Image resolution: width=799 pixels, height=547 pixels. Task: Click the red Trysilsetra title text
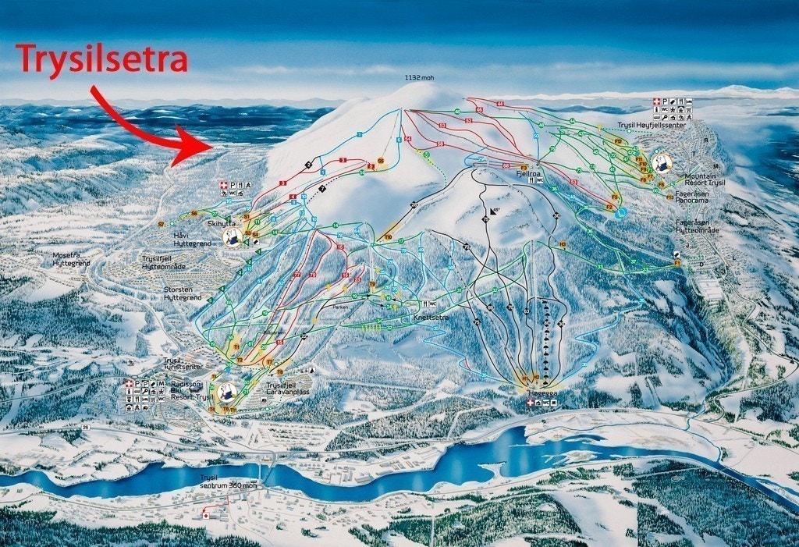click(x=101, y=59)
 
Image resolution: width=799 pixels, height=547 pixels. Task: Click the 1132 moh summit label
click(x=419, y=78)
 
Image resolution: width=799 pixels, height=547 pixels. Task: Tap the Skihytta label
click(x=216, y=223)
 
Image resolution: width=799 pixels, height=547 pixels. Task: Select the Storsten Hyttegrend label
click(x=183, y=294)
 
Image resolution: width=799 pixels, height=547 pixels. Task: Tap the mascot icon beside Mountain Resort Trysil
click(x=663, y=163)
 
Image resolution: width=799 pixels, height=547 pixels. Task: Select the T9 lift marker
click(x=388, y=237)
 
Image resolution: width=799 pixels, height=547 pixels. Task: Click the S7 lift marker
click(x=162, y=224)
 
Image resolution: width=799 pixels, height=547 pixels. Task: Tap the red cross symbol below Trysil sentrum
click(x=206, y=516)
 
